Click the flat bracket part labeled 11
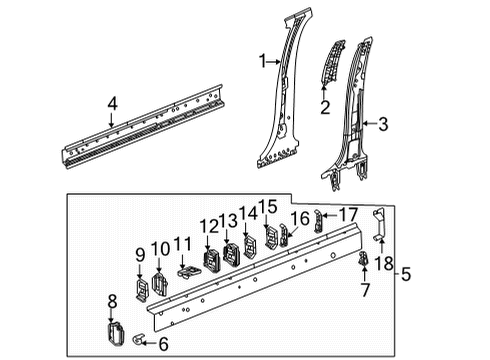coord(187,270)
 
